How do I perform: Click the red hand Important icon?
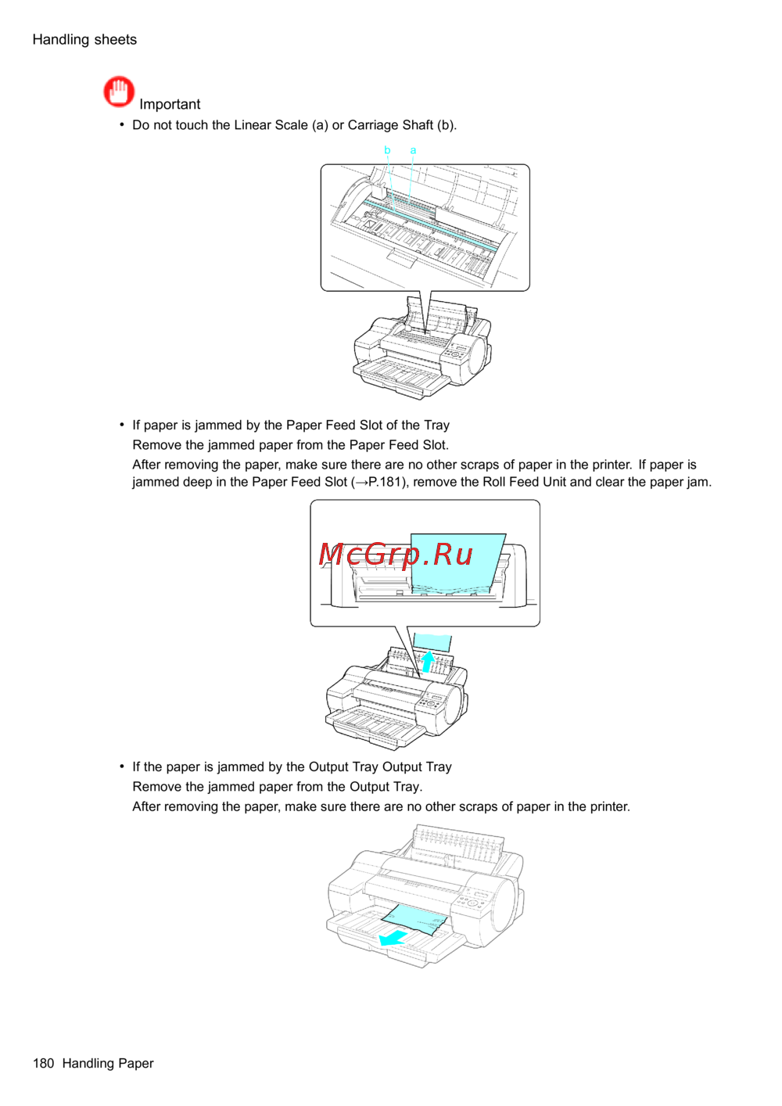point(119,92)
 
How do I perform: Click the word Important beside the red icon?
point(170,104)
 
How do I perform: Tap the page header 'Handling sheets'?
point(84,39)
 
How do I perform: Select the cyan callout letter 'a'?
point(413,150)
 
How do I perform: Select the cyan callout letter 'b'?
point(388,149)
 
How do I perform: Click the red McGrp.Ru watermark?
point(396,554)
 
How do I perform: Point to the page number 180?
point(44,1063)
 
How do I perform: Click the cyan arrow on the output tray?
point(393,938)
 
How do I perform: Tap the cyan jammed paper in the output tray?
point(414,919)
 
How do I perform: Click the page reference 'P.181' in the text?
point(386,482)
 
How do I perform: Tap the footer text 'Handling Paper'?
point(108,1064)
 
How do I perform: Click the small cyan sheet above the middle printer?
point(432,643)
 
